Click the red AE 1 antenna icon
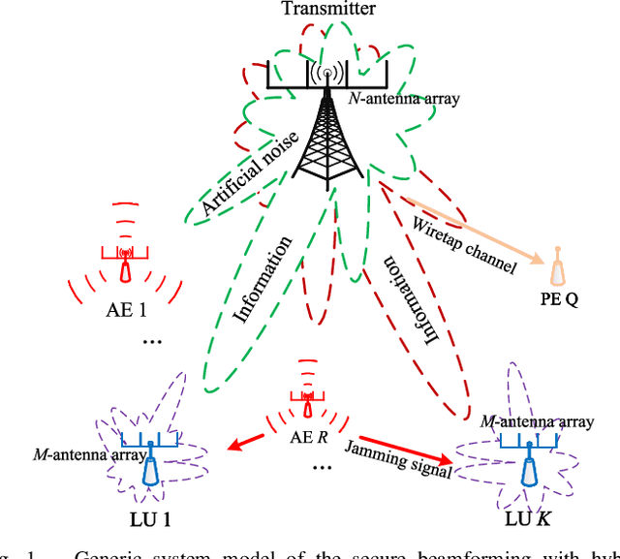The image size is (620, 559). coord(124,264)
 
